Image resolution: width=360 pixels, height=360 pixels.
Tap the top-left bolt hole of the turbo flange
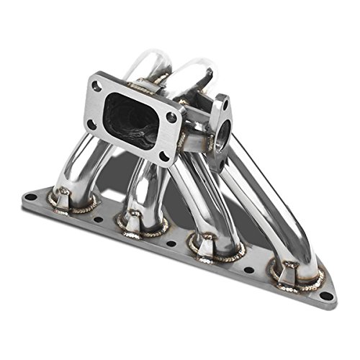tap(95, 86)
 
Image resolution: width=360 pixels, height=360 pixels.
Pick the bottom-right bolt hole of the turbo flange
tap(164, 155)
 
